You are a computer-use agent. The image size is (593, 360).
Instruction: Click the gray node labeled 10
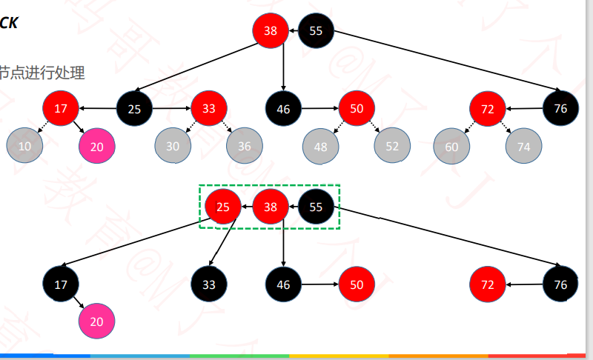coord(25,146)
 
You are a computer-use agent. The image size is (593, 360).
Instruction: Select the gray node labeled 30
coord(173,146)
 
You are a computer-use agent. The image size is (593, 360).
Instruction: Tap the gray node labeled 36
coord(245,146)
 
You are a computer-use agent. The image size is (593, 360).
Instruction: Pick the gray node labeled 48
coord(320,147)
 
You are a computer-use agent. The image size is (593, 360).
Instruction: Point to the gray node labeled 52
coord(392,146)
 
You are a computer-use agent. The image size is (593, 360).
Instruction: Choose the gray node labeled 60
coord(451,147)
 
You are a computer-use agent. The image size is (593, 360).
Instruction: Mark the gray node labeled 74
coord(523,147)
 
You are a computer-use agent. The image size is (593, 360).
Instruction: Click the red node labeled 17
coord(61,109)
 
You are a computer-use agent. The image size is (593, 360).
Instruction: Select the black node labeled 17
coord(61,283)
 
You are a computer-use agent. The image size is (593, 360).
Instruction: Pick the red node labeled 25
coord(222,207)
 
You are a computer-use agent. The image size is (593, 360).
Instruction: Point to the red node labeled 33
coord(209,109)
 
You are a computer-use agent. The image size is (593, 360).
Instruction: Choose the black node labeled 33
coord(209,283)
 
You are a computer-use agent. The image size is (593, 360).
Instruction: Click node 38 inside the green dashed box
coord(270,207)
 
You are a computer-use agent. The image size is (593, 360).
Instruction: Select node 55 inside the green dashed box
coord(316,207)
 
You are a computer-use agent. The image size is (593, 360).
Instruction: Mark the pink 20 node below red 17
coord(97,146)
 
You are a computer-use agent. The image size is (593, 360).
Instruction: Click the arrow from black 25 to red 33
coord(172,109)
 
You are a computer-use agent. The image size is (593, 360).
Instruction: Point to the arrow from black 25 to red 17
coord(98,109)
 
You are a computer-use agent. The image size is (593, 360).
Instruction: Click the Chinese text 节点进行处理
coord(42,73)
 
